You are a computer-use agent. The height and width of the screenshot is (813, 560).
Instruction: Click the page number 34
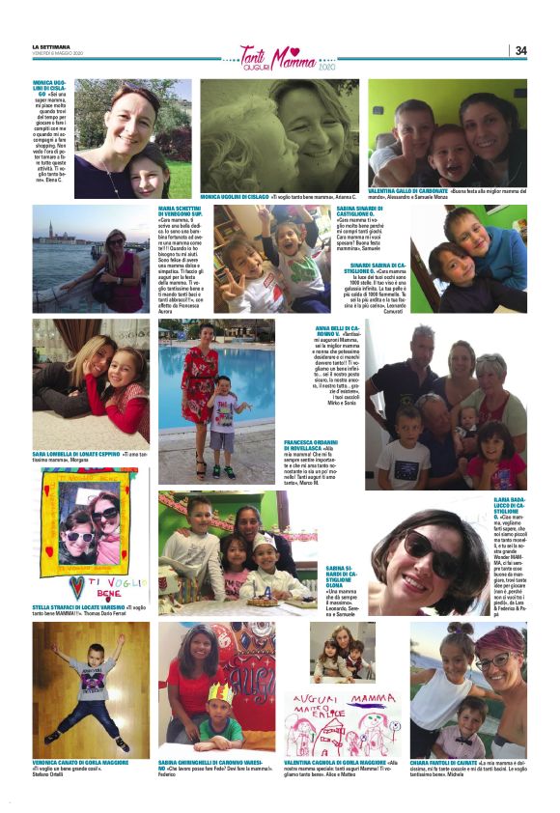pos(520,51)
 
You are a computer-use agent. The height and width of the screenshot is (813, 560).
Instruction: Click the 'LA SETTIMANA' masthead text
pos(50,47)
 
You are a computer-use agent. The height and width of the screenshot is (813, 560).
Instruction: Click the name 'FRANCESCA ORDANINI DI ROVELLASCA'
pos(308,446)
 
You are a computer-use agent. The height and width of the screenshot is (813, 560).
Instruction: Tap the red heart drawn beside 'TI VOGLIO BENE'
pos(77,588)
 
